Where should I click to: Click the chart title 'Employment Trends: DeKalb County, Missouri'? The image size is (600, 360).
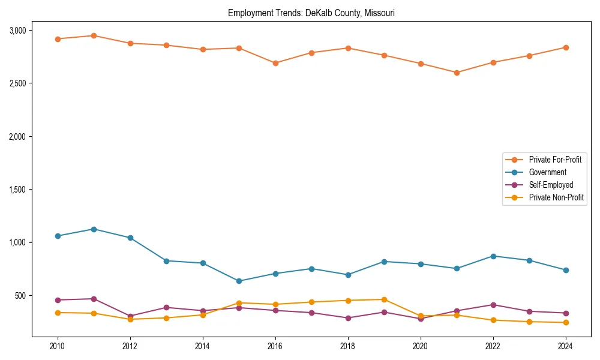click(311, 13)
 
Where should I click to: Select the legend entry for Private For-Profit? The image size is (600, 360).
click(555, 160)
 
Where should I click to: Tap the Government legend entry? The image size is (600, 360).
click(547, 172)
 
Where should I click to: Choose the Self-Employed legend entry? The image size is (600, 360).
click(551, 185)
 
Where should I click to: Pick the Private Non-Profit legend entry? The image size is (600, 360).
click(556, 197)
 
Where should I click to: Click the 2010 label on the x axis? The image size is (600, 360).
click(58, 346)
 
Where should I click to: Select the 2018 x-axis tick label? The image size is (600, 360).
click(347, 346)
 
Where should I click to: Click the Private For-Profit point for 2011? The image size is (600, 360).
click(94, 35)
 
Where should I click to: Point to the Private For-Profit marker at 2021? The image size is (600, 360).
click(457, 73)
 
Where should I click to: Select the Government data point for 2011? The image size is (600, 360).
click(94, 229)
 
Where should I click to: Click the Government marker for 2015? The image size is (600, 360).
click(239, 281)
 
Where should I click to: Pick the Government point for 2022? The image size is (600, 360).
click(493, 256)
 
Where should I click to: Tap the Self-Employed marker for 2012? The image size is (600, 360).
click(130, 316)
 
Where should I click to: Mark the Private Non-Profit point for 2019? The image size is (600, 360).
click(384, 299)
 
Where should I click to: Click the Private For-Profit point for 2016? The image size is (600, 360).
click(275, 63)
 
